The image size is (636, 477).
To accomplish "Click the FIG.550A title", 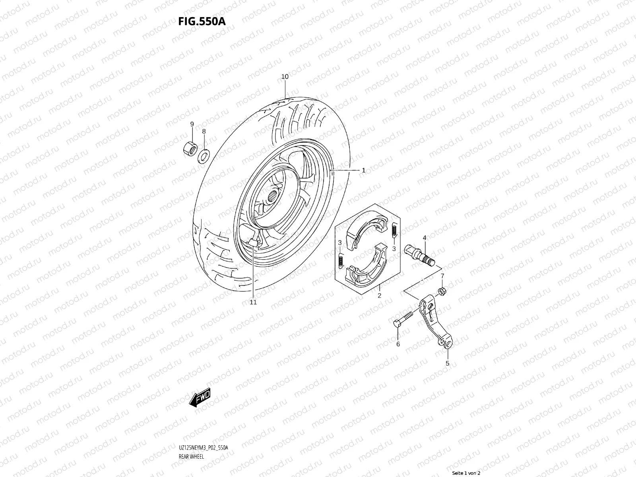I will [202, 21].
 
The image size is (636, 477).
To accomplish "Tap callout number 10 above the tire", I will [285, 77].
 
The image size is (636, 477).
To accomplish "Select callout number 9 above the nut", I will [192, 124].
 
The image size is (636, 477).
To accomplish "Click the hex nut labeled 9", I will [190, 149].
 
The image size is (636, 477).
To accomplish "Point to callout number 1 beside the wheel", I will [363, 170].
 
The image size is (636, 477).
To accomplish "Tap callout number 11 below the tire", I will [253, 302].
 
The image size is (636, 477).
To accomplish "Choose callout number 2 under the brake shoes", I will [379, 295].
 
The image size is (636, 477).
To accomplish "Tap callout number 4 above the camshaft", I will [425, 238].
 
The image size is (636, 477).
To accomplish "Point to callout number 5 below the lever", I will [447, 363].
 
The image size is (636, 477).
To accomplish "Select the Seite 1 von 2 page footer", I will [467, 473].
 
